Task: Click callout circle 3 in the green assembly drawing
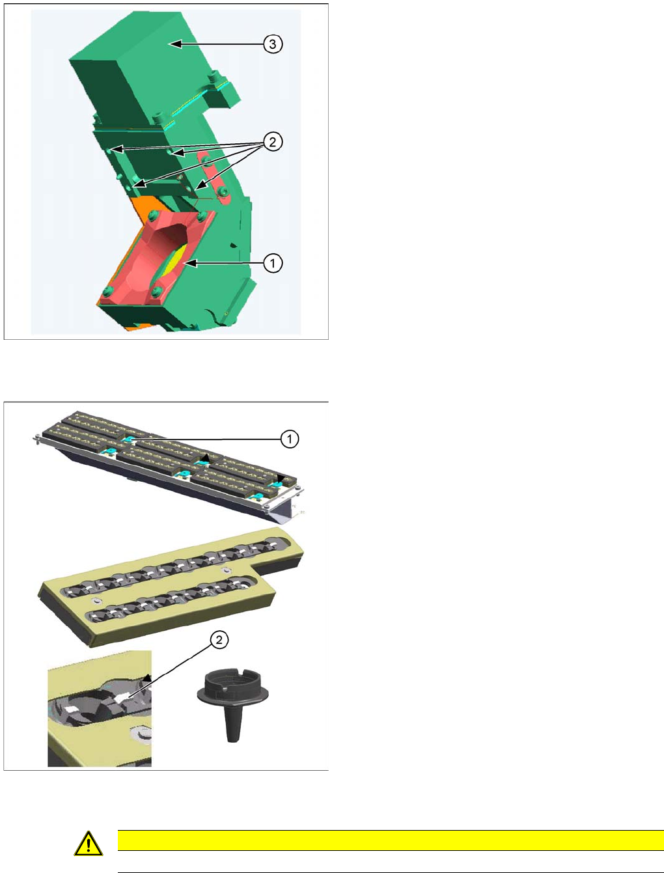273,44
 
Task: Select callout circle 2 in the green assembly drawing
273,142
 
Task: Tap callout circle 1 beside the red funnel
273,263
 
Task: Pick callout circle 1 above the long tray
290,439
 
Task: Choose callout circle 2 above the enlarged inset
219,641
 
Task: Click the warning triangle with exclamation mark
89,844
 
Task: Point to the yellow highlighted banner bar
391,840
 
